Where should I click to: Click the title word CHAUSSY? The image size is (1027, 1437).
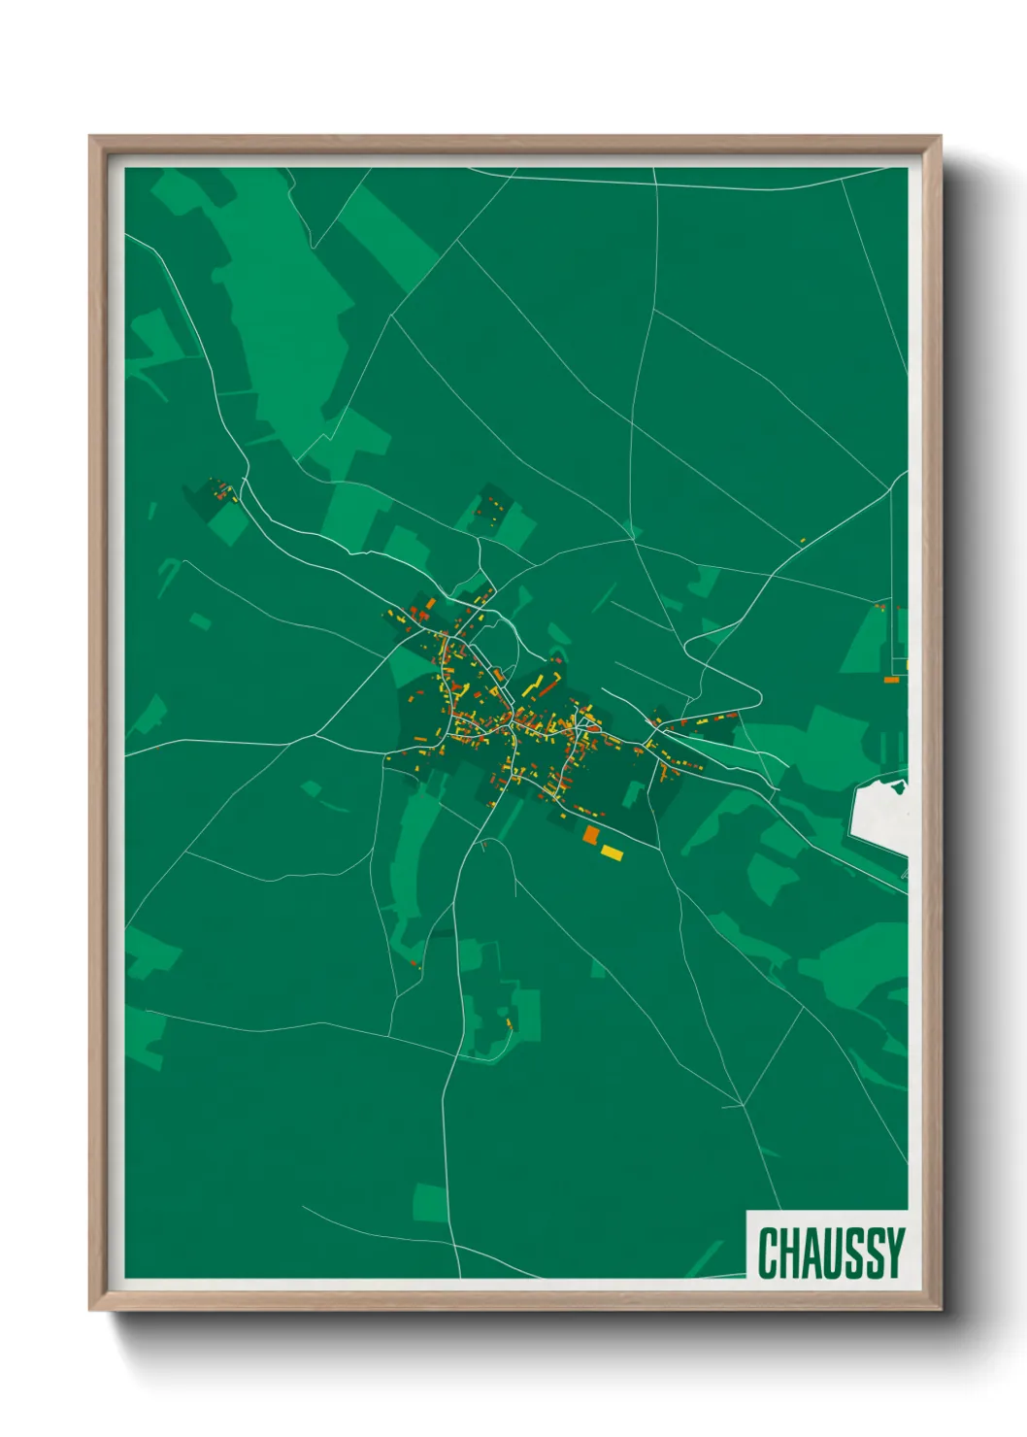(830, 1253)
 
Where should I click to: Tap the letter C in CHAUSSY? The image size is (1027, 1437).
(768, 1253)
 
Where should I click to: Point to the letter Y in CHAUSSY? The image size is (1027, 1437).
(894, 1253)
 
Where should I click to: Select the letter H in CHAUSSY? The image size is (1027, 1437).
(788, 1253)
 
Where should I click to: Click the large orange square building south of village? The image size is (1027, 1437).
(590, 835)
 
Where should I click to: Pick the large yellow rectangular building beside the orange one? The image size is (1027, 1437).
(612, 852)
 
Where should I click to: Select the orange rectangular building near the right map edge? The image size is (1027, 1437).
(891, 680)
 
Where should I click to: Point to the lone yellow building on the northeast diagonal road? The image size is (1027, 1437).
(803, 541)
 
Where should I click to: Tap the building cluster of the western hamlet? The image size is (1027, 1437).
(222, 490)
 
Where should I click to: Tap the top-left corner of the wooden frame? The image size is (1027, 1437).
(92, 139)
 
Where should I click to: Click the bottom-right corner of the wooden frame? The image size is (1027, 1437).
(939, 1308)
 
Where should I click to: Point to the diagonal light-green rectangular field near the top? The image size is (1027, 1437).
(388, 238)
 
